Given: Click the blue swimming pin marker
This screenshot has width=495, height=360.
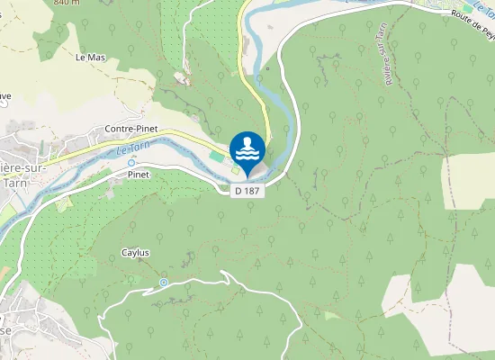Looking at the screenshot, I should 247,149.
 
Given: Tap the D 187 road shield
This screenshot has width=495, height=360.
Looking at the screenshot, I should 247,191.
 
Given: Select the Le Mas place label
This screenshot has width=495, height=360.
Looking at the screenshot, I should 90,58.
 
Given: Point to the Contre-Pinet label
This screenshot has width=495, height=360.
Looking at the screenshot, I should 131,130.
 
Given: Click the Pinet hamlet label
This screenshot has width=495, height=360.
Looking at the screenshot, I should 138,173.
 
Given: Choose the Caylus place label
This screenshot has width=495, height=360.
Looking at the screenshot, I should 135,253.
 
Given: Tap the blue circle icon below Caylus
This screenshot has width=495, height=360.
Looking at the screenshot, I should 164,283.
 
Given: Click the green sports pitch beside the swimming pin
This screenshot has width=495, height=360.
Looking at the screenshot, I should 216,157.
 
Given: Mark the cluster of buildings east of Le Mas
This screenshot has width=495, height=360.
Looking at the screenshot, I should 184,78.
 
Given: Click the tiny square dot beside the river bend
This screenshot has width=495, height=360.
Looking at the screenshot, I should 267,67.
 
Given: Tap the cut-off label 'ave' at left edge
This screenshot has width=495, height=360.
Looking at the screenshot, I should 4,96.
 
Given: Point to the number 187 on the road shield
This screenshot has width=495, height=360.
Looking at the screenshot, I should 252,191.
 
